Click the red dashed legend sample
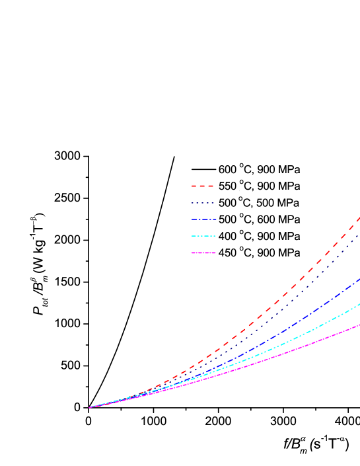[203, 186]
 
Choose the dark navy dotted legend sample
[203, 203]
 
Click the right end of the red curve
[359, 217]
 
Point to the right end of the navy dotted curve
[359, 235]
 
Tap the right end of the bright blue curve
[359, 279]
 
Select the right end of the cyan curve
[359, 304]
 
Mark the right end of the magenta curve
[359, 325]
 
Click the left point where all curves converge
[90, 407]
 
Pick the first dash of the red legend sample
[194, 186]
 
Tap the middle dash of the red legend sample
[203, 186]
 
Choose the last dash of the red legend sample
[211, 186]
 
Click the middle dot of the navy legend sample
[203, 203]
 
